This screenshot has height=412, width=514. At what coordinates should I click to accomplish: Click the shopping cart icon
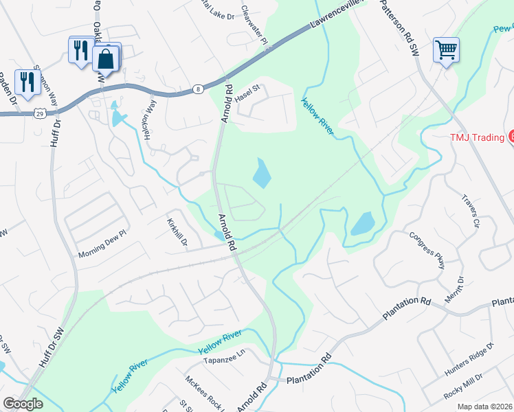click(x=446, y=49)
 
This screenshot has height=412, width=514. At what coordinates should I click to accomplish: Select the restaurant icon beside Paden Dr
click(x=27, y=82)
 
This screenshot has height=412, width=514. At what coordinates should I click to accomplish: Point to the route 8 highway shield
click(x=198, y=89)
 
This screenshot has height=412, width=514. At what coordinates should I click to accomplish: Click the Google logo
click(x=23, y=404)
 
